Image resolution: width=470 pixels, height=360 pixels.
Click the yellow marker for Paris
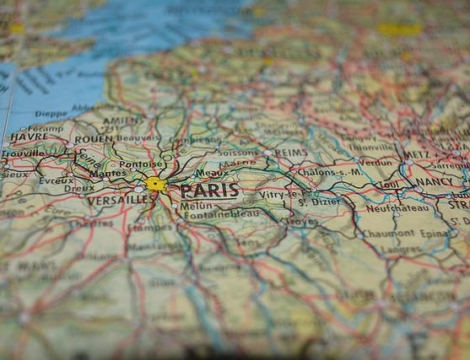155,184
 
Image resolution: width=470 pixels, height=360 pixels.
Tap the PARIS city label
209,190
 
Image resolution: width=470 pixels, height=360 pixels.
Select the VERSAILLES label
120,200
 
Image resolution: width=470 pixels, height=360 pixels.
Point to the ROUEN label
93,140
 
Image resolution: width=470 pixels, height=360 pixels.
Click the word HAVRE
27,136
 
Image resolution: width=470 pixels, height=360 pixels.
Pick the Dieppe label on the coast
52,114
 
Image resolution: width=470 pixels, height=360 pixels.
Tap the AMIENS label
121,120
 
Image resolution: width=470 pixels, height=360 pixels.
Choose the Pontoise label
140,164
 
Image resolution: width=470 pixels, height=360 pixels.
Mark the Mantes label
108,173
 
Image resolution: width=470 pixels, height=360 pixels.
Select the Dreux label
79,188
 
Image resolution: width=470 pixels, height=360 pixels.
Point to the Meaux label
211,173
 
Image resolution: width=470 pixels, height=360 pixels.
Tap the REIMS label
290,151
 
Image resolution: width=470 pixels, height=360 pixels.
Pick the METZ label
417,154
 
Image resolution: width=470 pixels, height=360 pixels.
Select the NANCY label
432,183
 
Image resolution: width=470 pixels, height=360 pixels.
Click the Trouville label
22,154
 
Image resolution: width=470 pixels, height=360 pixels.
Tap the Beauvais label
138,139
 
